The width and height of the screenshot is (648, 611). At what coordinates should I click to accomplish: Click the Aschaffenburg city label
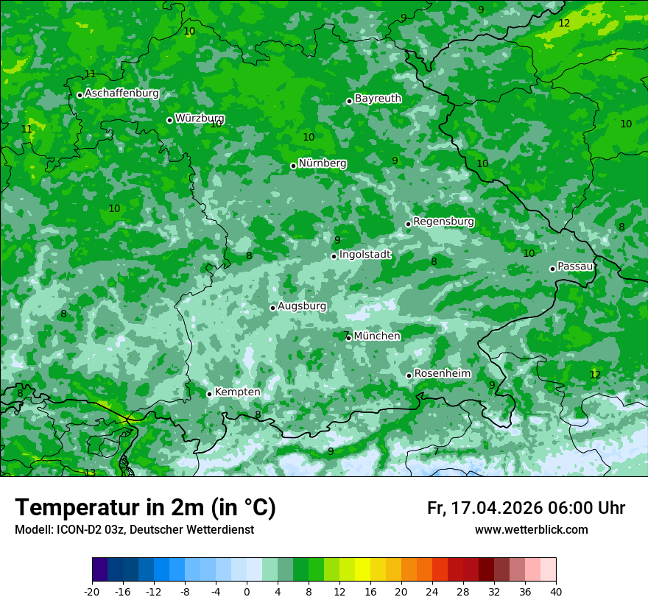tap(121, 93)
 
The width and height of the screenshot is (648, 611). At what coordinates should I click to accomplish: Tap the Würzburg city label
tap(200, 119)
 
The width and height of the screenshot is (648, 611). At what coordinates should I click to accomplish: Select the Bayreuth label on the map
tap(378, 99)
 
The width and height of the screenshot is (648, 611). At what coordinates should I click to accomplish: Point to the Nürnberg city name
tap(322, 163)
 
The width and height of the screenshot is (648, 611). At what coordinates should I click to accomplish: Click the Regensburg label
tap(443, 222)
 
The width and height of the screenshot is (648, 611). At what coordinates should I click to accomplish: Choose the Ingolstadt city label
tap(364, 255)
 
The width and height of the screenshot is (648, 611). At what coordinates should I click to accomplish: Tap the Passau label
tap(575, 266)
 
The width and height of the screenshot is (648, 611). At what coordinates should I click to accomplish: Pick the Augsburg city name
tap(302, 306)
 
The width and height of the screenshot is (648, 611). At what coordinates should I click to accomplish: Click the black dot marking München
tap(348, 338)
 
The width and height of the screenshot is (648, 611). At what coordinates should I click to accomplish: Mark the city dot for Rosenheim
tap(409, 375)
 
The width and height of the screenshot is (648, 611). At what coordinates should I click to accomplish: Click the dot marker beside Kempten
tap(209, 394)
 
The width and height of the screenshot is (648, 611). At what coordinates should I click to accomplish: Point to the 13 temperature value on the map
tap(90, 473)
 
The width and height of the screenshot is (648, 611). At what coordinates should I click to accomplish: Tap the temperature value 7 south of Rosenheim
tap(436, 451)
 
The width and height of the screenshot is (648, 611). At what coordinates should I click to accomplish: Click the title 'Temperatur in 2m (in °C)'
tap(145, 508)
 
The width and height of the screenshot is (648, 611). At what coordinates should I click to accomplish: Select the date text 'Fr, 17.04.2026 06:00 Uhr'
tap(526, 508)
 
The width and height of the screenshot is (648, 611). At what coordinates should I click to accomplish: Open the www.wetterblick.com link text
tap(531, 530)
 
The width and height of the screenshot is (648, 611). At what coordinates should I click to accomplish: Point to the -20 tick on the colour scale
tap(92, 591)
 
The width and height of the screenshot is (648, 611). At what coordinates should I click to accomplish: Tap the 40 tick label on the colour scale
tap(556, 591)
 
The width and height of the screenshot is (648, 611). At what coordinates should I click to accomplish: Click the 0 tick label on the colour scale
tap(247, 591)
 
